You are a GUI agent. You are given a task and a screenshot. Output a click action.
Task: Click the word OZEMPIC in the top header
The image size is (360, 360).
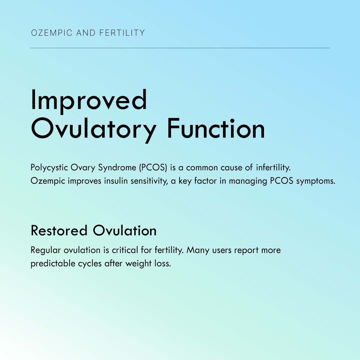(x=52, y=33)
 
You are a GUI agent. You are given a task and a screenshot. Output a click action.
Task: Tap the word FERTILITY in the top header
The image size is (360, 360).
(x=122, y=33)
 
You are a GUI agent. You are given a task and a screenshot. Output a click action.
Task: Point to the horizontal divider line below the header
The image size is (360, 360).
(x=180, y=48)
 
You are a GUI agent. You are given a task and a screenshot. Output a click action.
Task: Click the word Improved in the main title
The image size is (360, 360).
(x=89, y=101)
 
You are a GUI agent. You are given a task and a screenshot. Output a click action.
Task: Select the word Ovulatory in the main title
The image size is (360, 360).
(x=94, y=129)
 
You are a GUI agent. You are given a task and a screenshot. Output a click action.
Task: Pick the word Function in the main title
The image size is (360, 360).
(x=216, y=129)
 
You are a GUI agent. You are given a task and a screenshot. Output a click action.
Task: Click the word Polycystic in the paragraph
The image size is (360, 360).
(x=49, y=168)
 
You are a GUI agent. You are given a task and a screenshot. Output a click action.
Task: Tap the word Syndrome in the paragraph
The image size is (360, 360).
(x=117, y=168)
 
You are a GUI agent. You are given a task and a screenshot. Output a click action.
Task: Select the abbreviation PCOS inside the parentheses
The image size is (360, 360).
(x=153, y=167)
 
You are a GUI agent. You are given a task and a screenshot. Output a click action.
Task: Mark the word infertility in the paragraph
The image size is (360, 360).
(x=273, y=168)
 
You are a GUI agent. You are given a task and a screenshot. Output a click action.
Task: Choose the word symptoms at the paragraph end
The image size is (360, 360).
(x=316, y=181)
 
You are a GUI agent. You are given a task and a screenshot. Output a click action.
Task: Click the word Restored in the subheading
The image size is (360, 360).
(x=59, y=231)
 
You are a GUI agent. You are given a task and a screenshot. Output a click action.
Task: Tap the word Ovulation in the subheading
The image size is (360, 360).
(x=125, y=231)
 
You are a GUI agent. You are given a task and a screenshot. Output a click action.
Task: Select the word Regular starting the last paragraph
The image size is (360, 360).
(x=46, y=250)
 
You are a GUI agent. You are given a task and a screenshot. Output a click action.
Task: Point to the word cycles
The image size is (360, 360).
(x=90, y=264)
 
